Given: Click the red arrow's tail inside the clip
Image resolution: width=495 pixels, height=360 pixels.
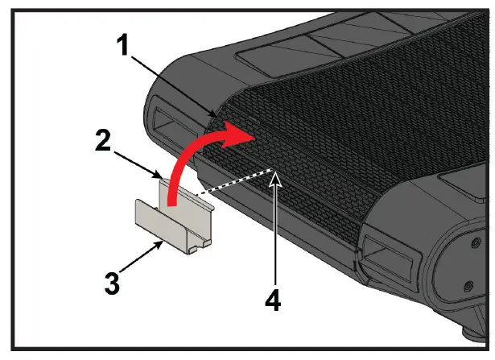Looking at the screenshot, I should click(x=170, y=191).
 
